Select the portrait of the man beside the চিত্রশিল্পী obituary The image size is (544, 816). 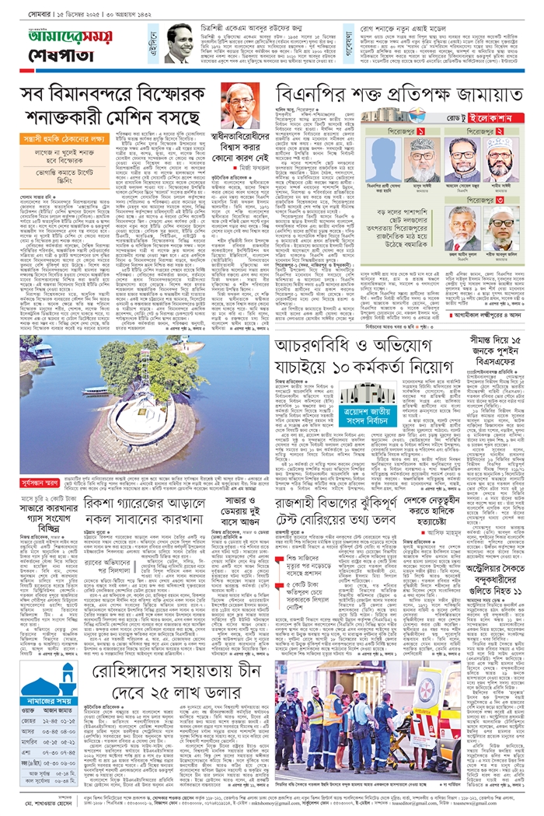(180, 44)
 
